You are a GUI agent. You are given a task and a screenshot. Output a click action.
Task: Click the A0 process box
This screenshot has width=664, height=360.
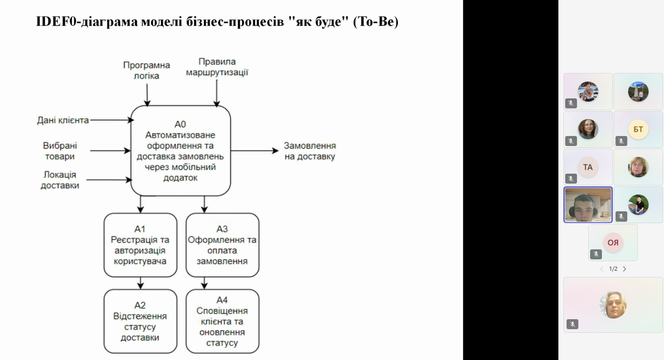click(x=180, y=151)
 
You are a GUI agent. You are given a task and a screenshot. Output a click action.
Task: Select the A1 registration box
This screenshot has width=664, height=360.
click(x=140, y=245)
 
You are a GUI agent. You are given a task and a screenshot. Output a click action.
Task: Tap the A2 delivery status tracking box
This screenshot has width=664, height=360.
click(x=140, y=321)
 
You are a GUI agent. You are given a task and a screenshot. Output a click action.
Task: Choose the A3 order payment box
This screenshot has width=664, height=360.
click(x=223, y=245)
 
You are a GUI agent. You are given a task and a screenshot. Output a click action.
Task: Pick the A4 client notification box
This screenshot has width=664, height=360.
click(x=223, y=321)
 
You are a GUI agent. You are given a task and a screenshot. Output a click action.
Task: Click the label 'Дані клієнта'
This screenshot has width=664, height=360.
click(x=63, y=120)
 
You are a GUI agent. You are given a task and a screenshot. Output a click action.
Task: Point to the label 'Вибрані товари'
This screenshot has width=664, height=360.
click(x=60, y=151)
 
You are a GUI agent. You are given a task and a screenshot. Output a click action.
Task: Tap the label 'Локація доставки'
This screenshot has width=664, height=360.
click(x=60, y=180)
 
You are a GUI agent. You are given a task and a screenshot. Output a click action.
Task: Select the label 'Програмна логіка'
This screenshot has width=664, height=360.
click(x=146, y=70)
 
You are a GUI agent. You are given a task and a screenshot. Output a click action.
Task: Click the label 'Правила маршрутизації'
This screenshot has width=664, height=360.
click(x=217, y=67)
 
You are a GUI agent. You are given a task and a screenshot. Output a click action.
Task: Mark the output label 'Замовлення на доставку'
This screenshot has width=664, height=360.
click(x=310, y=151)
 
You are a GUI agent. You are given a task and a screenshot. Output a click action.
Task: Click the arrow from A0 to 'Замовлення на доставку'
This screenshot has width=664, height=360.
click(x=255, y=151)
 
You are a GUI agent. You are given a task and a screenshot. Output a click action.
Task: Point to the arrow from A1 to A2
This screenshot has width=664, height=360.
click(x=141, y=283)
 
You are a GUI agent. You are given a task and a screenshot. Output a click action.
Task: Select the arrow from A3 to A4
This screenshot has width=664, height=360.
click(x=204, y=283)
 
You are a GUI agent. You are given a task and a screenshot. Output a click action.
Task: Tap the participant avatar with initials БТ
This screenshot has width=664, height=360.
click(x=638, y=129)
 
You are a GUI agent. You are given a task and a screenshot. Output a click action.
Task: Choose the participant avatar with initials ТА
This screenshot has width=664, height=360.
click(x=588, y=167)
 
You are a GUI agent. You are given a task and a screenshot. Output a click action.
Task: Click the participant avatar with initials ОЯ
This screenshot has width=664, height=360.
click(x=613, y=243)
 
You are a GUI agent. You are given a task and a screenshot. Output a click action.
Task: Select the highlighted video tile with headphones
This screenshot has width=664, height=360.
click(x=588, y=205)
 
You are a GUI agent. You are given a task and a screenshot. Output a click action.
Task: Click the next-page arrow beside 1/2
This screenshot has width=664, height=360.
click(x=625, y=269)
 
